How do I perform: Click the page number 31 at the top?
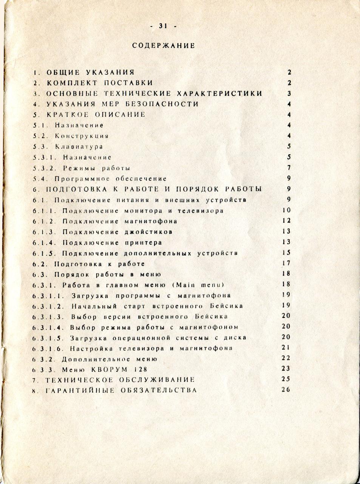pyautogui.click(x=163, y=26)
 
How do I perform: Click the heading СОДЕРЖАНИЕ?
pyautogui.click(x=164, y=46)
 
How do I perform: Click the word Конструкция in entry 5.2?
pyautogui.click(x=82, y=136)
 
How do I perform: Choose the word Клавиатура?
pyautogui.click(x=79, y=146)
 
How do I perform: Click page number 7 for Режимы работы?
pyautogui.click(x=289, y=168)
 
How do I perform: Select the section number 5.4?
pyautogui.click(x=39, y=178)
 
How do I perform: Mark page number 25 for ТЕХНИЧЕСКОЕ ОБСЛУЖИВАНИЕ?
pyautogui.click(x=286, y=379)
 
